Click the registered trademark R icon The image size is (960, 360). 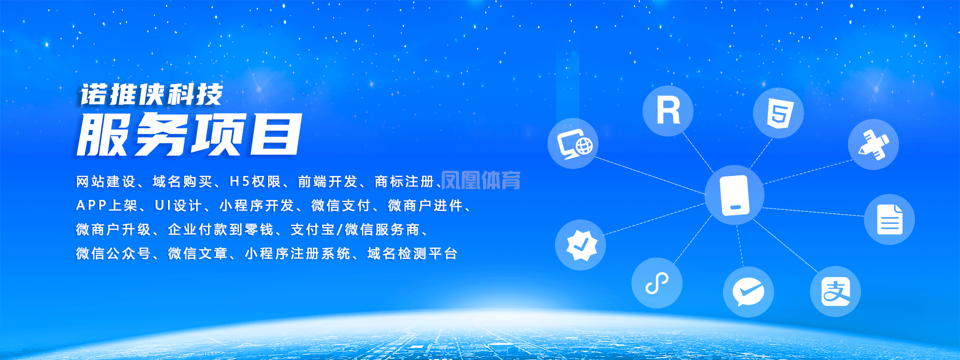click(x=668, y=110)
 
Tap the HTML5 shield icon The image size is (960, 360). click(x=778, y=113)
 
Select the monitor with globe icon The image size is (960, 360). click(x=573, y=143)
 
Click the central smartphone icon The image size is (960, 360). click(x=734, y=195)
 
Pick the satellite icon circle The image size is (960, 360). click(x=873, y=144)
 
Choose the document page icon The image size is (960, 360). click(x=889, y=219)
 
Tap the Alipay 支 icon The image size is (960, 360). click(x=835, y=291)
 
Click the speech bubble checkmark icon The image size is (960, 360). click(x=748, y=292)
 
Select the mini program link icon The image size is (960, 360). click(x=657, y=283)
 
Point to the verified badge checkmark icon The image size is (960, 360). click(x=580, y=245)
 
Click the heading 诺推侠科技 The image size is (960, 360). click(x=151, y=95)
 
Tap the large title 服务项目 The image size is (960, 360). click(x=189, y=134)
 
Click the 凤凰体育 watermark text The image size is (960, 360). click(x=480, y=180)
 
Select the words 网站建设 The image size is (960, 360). click(x=106, y=181)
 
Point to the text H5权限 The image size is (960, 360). click(x=255, y=181)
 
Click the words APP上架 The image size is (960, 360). click(x=106, y=205)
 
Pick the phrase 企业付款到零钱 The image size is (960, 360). click(x=220, y=229)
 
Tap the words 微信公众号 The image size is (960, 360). click(x=113, y=253)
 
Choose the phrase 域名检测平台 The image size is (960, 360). click(x=412, y=253)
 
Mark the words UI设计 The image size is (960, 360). click(x=178, y=205)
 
